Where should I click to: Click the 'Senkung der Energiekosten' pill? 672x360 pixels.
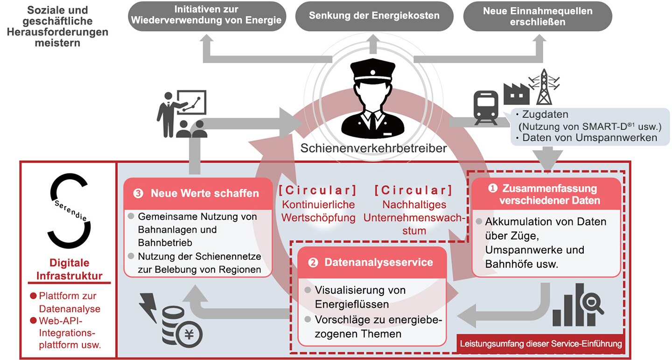click(374, 16)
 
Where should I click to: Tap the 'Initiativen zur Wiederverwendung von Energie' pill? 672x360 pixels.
click(207, 16)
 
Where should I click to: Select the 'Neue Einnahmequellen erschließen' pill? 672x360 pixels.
click(538, 16)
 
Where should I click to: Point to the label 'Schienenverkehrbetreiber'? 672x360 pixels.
click(373, 148)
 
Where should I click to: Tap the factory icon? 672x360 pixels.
click(516, 94)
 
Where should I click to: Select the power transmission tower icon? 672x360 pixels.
click(544, 87)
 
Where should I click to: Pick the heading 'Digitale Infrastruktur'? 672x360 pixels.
click(69, 269)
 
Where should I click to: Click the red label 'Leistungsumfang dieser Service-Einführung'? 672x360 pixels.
click(541, 344)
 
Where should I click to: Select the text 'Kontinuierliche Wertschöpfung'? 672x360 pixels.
click(318, 211)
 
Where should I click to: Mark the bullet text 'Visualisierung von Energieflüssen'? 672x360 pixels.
click(360, 297)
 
